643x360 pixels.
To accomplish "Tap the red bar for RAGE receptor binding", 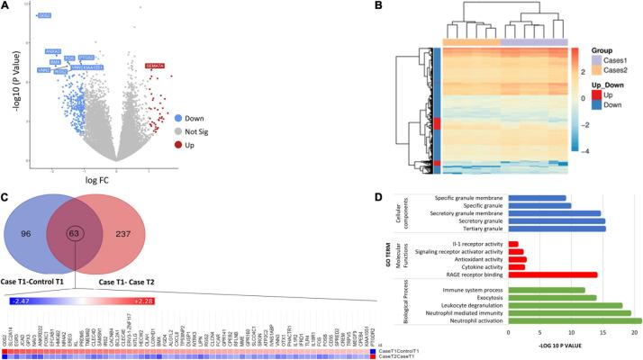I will coord(553,274).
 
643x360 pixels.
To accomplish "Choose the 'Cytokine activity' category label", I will coord(473,266).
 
